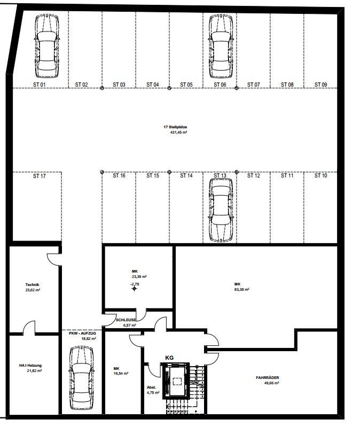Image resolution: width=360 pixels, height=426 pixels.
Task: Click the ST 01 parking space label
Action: (40, 84)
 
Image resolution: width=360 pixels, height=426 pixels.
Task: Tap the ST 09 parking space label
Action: (320, 84)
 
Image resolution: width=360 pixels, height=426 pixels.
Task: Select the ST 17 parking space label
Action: (40, 176)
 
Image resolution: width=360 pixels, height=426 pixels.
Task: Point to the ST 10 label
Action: (320, 175)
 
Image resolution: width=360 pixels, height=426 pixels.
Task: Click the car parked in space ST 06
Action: (221, 46)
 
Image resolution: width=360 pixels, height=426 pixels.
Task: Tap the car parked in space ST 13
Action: (221, 210)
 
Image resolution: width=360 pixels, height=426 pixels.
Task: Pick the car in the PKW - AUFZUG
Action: (81, 378)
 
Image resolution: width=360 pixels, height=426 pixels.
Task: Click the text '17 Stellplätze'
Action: (175, 127)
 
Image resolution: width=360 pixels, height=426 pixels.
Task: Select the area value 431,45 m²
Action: (178, 133)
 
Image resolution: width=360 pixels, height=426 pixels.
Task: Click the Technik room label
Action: (32, 285)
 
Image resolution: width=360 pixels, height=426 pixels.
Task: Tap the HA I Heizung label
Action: (30, 366)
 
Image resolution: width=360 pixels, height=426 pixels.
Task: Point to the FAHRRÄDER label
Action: (268, 378)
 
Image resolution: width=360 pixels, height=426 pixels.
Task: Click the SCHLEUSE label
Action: (126, 320)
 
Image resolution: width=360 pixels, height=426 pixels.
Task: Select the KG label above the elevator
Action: (169, 358)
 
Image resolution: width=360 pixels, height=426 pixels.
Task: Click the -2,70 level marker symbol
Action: (135, 288)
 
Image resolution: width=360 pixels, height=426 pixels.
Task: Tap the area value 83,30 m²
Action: (241, 290)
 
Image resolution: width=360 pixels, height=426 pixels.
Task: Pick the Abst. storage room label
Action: (152, 388)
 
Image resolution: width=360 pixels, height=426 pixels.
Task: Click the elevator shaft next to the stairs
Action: (176, 381)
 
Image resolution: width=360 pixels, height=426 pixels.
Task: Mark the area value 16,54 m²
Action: (121, 374)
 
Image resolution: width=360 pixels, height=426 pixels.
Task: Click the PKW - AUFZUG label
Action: (82, 333)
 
